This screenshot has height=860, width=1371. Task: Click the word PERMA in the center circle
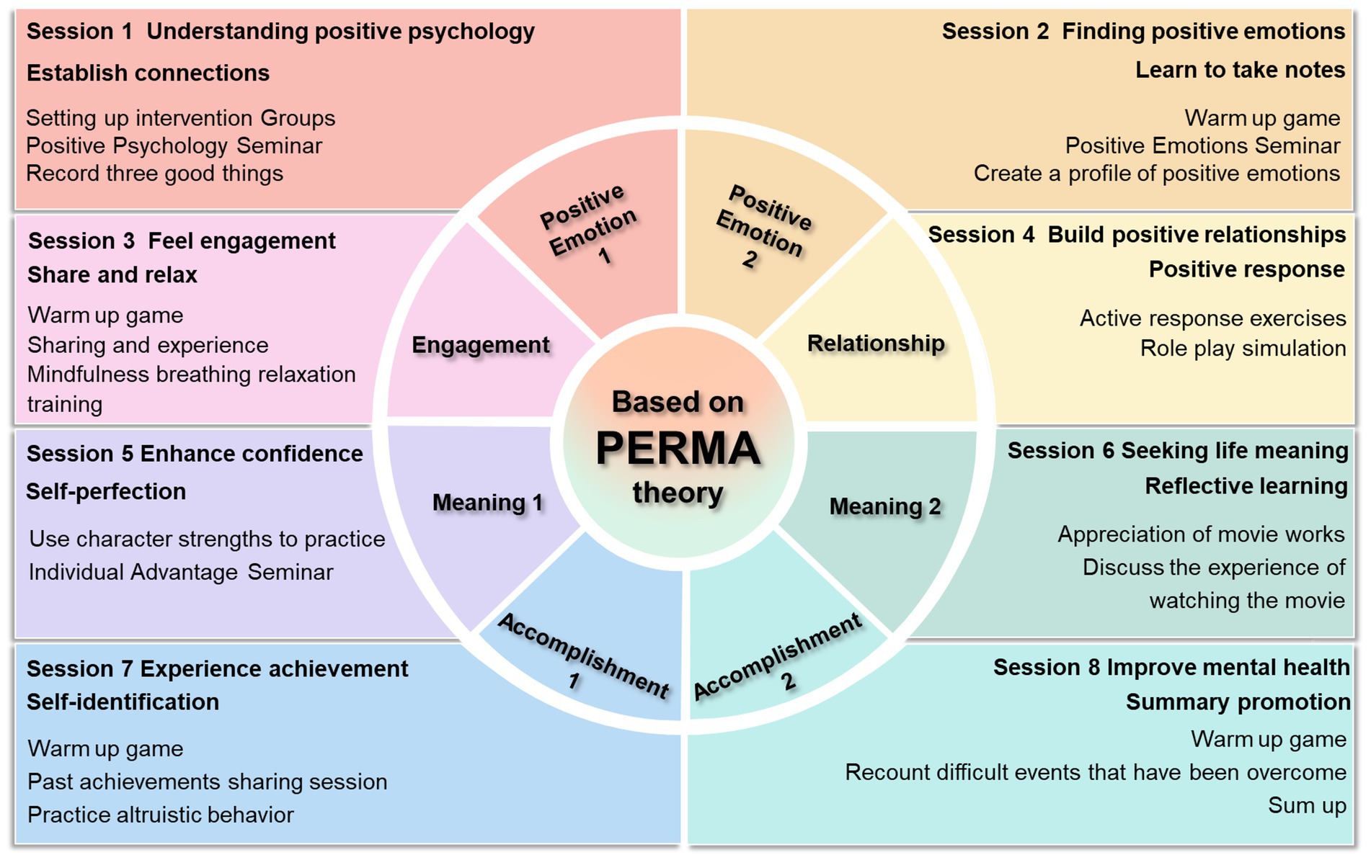tap(678, 448)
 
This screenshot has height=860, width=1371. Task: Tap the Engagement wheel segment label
tap(480, 345)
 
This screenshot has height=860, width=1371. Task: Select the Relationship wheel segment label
tap(875, 344)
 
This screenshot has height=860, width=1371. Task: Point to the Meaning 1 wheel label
tap(487, 502)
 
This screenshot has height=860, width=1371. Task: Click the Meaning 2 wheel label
tap(885, 506)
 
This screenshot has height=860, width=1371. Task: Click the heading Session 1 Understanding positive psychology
tap(280, 32)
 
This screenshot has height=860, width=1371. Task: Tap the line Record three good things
tap(154, 174)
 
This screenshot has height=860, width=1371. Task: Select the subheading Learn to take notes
tap(1240, 70)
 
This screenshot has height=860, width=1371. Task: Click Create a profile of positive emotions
tap(1156, 174)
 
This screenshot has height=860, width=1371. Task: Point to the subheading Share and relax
tap(112, 275)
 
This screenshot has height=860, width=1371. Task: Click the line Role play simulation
tap(1243, 349)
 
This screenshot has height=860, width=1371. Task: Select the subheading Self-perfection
tap(106, 492)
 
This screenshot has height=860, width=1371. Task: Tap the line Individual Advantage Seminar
tap(181, 573)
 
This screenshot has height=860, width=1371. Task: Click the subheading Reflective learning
tap(1246, 486)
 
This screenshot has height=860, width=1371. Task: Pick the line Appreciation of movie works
tap(1201, 534)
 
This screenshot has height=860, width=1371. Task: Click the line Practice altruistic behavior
tap(161, 815)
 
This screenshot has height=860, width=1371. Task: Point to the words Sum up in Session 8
tap(1307, 805)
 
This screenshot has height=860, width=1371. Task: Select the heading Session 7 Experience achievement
tap(217, 669)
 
